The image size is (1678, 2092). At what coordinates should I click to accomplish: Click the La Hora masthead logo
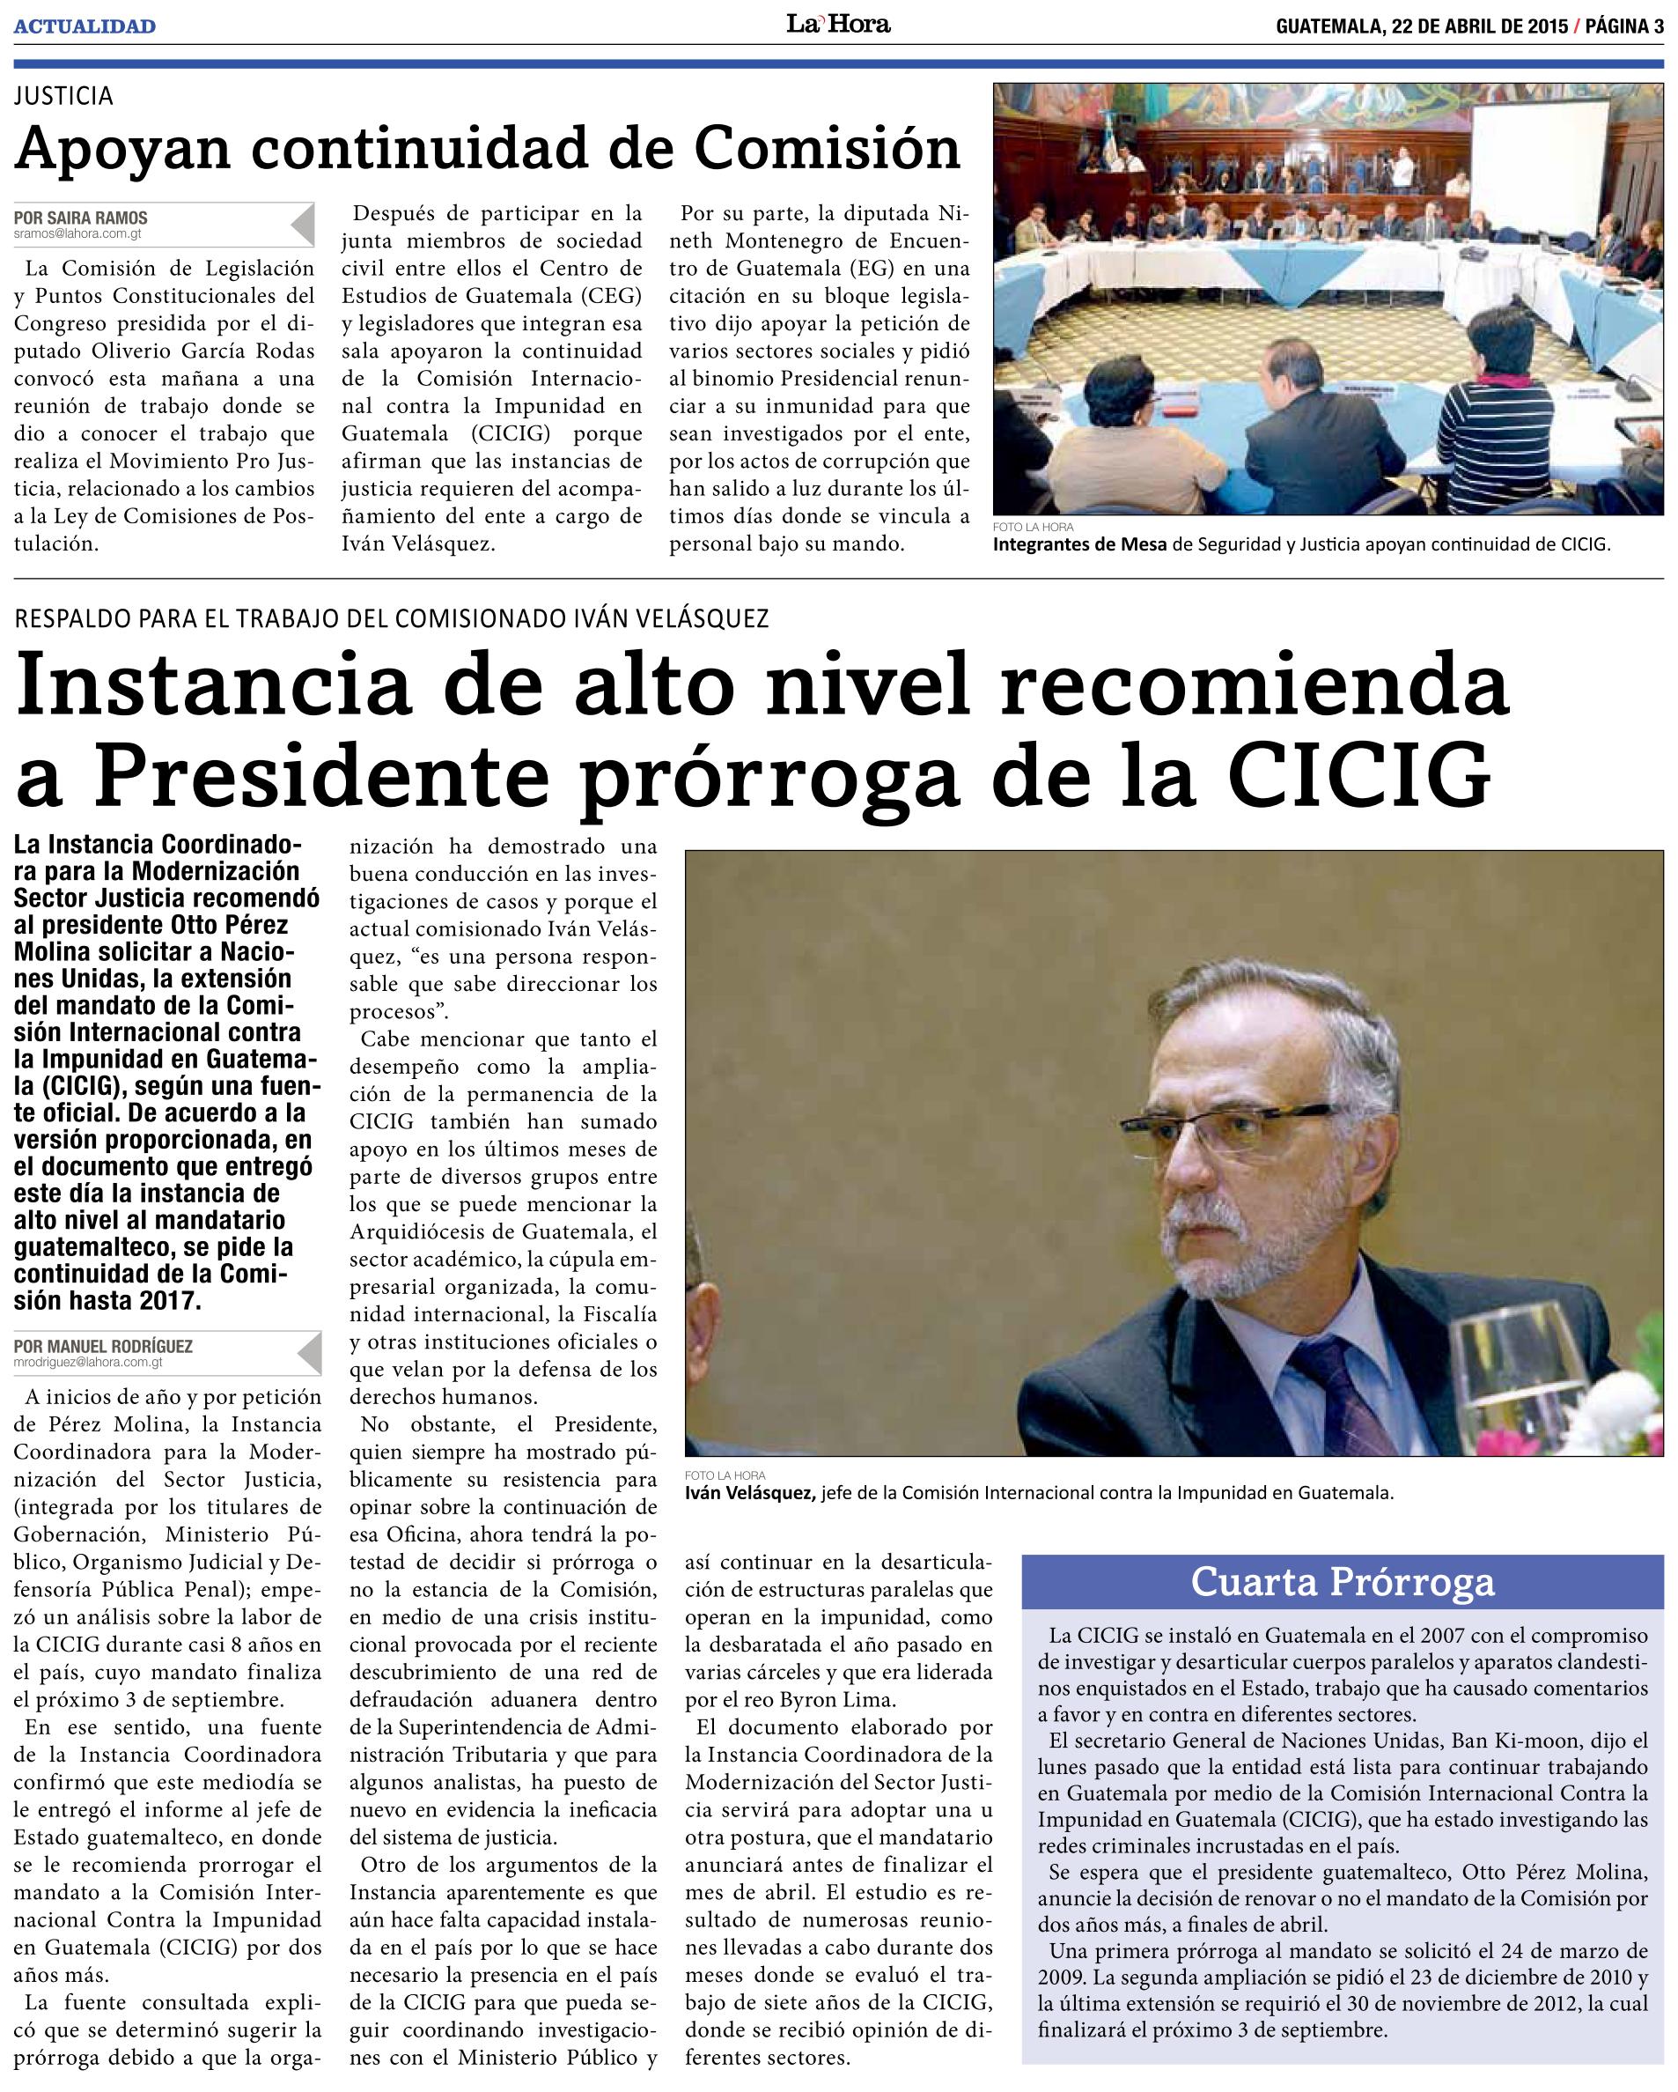(x=838, y=25)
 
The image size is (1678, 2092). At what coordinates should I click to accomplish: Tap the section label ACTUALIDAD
(x=85, y=26)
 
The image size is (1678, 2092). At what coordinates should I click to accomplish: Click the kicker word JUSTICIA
(x=64, y=96)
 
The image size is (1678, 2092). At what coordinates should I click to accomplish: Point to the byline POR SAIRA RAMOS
(x=82, y=218)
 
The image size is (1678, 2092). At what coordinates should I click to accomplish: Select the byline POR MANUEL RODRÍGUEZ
(x=104, y=1346)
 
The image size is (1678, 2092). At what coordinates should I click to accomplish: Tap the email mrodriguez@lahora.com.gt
(x=88, y=1363)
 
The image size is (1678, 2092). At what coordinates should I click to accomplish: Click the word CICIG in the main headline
(x=1358, y=776)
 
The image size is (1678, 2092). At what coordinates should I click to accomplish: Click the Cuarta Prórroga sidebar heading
(x=1343, y=1582)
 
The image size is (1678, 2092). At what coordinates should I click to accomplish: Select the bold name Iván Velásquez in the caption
(x=749, y=1493)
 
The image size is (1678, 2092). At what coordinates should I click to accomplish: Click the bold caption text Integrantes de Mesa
(x=1079, y=544)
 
